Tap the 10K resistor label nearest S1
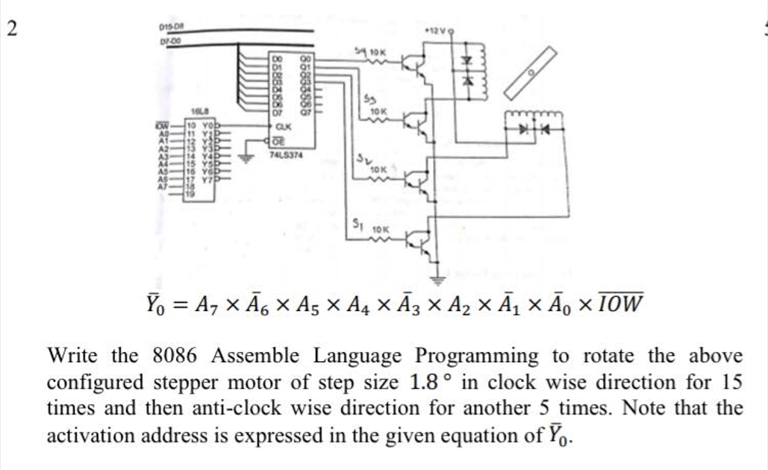(381, 227)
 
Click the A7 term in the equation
(204, 305)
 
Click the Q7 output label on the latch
(305, 114)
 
